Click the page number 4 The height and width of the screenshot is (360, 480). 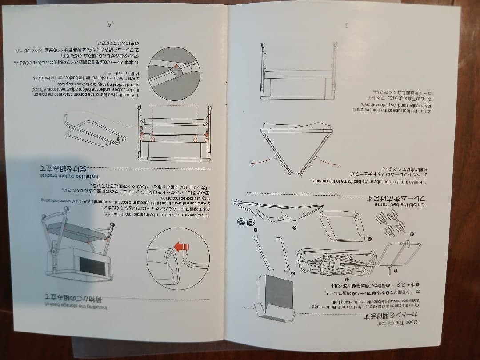coord(109,25)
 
